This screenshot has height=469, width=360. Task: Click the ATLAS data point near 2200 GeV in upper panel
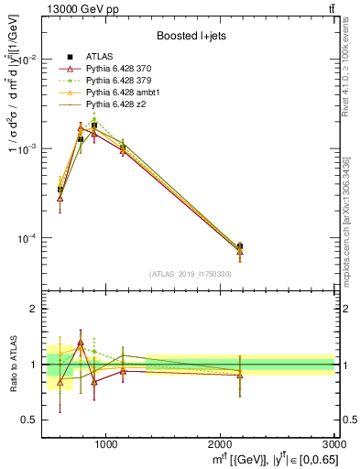[240, 245]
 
